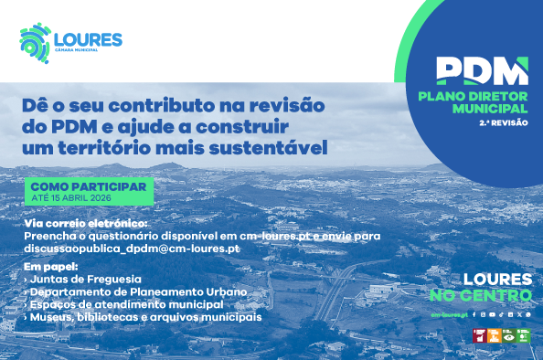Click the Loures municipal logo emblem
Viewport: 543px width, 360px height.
(36, 42)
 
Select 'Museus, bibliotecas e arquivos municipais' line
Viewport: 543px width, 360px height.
(144, 316)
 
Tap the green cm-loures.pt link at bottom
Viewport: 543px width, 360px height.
(450, 314)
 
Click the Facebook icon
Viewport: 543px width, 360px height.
(475, 314)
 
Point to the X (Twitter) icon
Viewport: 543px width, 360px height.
(518, 314)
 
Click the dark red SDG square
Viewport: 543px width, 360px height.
(479, 336)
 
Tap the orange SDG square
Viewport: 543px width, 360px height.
(495, 336)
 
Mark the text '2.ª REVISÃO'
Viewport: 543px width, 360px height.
(508, 122)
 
